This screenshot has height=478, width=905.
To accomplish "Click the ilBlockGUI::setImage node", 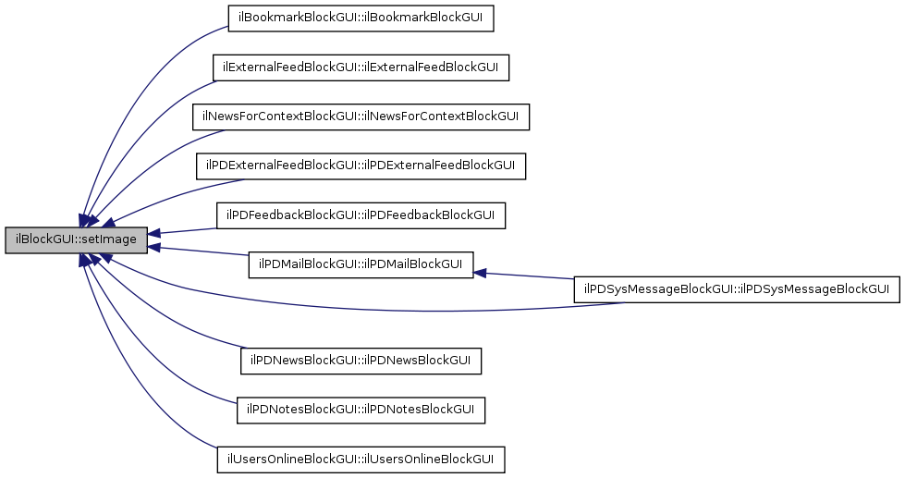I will pyautogui.click(x=76, y=240).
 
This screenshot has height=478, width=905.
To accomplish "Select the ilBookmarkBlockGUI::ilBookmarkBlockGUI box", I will pyautogui.click(x=361, y=18).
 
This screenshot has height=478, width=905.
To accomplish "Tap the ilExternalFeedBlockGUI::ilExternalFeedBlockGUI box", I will pyautogui.click(x=361, y=67).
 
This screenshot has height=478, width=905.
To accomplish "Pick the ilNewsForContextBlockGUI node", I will pyautogui.click(x=361, y=116).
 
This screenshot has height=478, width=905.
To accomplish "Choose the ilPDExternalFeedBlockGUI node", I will pyautogui.click(x=361, y=166).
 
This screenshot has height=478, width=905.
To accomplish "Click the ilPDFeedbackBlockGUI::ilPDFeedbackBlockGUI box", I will pyautogui.click(x=361, y=215).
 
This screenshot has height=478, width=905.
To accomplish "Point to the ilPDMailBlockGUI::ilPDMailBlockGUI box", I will pyautogui.click(x=361, y=264).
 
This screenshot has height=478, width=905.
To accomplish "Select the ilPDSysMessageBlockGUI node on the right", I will pyautogui.click(x=737, y=289).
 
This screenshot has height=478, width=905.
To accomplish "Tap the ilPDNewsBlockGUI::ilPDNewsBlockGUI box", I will pyautogui.click(x=361, y=361).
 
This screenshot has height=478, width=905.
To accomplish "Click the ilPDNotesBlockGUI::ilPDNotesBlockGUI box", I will pyautogui.click(x=361, y=410).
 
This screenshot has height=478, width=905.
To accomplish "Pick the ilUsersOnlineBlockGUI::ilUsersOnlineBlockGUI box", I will pyautogui.click(x=361, y=460).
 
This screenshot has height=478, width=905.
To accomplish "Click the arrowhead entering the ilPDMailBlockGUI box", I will pyautogui.click(x=481, y=272).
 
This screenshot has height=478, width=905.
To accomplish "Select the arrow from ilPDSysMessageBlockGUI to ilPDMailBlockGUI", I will pyautogui.click(x=527, y=276).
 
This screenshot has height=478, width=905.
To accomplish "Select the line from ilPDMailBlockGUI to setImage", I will pyautogui.click(x=199, y=251).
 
